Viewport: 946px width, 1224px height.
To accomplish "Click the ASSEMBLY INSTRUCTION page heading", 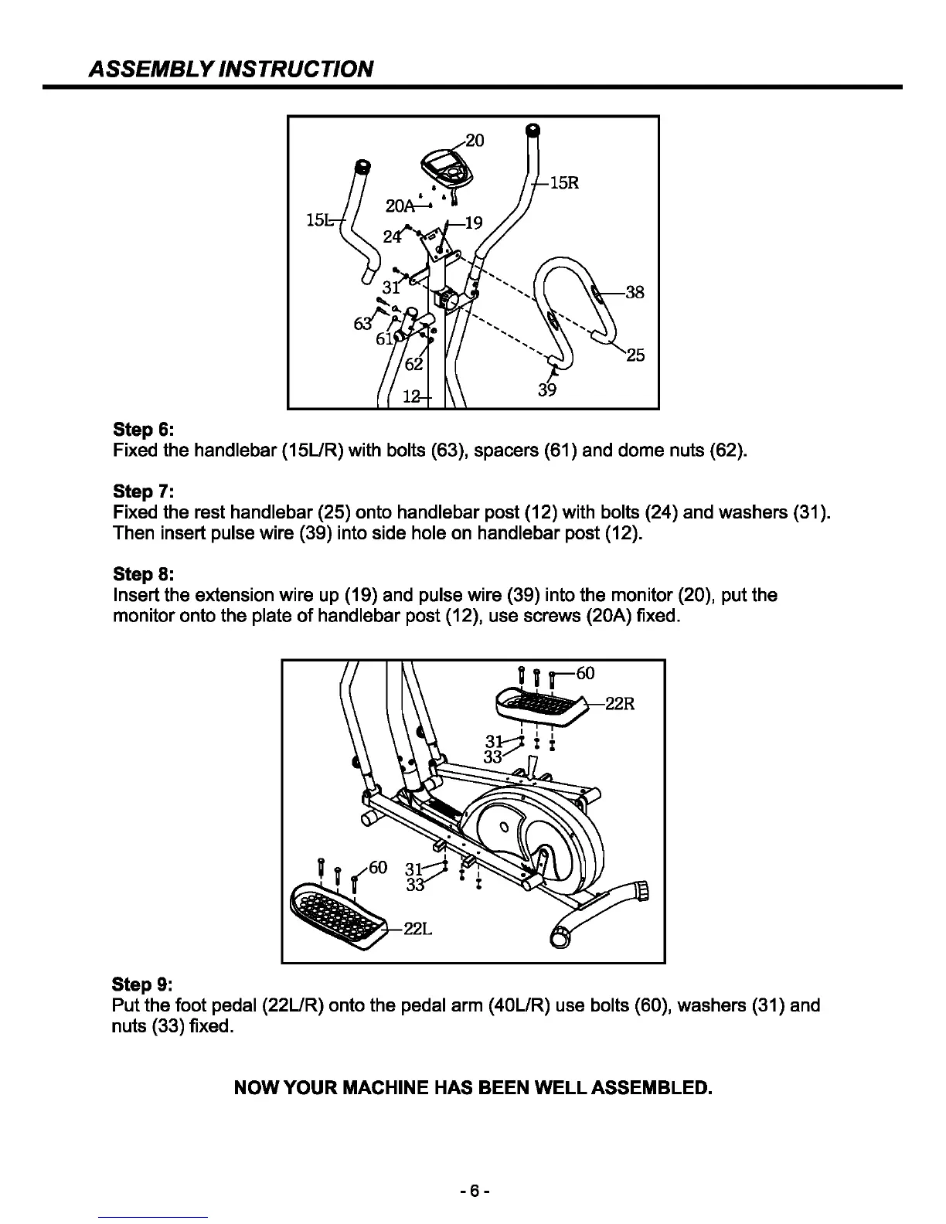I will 231,70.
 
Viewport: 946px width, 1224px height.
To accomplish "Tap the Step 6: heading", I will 143,429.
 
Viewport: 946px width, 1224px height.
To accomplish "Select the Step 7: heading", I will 143,491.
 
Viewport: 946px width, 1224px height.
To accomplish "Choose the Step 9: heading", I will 143,984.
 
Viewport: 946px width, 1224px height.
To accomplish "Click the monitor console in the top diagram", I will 445,168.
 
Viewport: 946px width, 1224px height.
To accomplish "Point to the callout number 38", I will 635,292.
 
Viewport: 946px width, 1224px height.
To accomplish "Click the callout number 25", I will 635,355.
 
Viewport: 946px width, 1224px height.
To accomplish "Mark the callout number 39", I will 547,390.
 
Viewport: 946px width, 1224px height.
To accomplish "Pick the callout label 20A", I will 400,206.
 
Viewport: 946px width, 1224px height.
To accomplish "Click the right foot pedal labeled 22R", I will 540,705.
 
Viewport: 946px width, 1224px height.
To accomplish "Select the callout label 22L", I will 417,929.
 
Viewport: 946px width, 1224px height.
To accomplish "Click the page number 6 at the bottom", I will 472,1192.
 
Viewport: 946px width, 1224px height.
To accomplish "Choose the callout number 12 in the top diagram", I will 413,397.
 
